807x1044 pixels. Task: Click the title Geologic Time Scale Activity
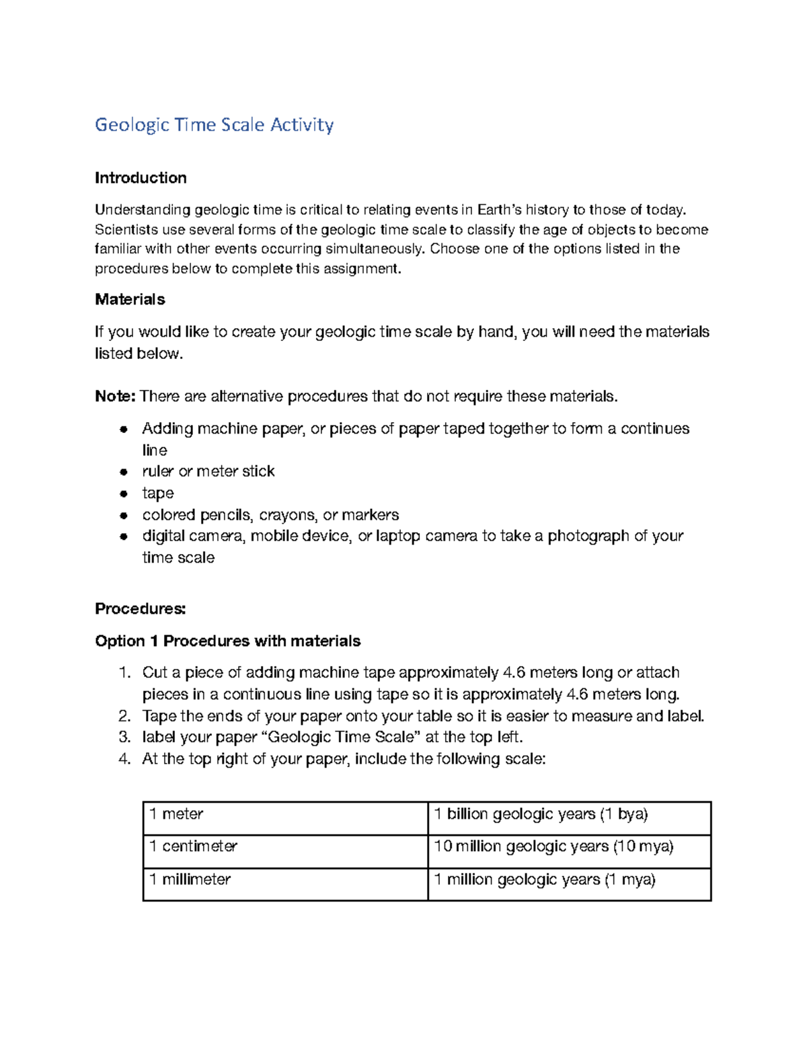coord(214,125)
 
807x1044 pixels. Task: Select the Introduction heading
coord(141,178)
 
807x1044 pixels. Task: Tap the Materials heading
coord(130,299)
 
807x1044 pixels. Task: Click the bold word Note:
coord(116,397)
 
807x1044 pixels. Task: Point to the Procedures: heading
coord(140,609)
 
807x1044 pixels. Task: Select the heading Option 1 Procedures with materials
coord(227,641)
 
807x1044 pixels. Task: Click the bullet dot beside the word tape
coord(124,493)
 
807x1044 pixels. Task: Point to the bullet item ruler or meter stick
coord(208,471)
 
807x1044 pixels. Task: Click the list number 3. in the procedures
coord(124,737)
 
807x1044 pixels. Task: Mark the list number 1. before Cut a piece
coord(124,673)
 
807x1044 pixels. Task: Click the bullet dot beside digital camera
coord(124,536)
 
